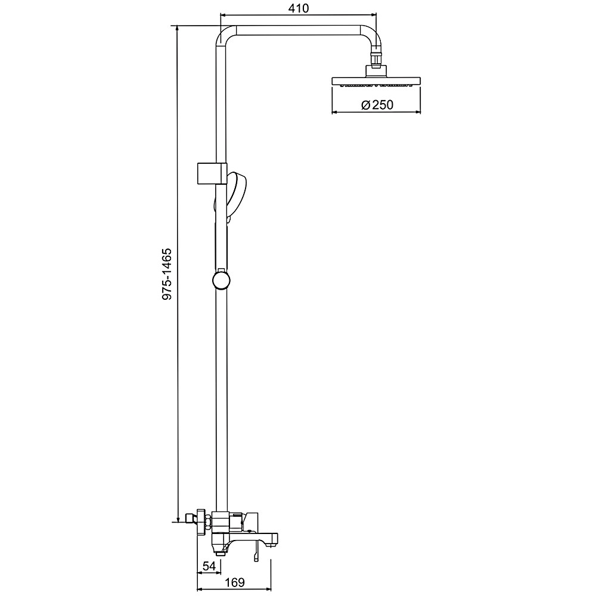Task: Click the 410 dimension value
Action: coord(299,8)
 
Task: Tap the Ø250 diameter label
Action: coord(377,104)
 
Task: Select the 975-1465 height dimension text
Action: coord(167,274)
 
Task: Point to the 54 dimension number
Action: coord(209,566)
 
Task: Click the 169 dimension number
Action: coord(234,582)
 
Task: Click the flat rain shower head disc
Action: coord(376,81)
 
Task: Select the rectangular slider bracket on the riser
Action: coord(212,173)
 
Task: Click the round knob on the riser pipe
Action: coord(221,281)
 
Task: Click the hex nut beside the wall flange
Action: coord(207,521)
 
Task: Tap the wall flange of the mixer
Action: coord(200,521)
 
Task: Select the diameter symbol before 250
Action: coord(365,105)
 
